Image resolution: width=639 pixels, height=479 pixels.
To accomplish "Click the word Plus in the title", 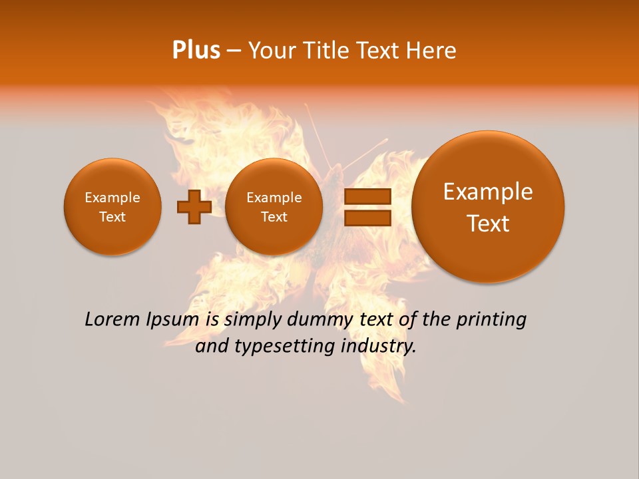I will [196, 51].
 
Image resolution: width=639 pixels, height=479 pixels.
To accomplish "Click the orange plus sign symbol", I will [194, 207].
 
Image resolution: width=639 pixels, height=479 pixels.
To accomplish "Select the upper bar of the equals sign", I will [367, 196].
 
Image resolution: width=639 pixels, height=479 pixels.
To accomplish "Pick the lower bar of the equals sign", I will [367, 218].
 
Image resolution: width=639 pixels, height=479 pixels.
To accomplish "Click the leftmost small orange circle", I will [112, 207].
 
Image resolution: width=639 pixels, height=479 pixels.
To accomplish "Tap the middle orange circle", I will [274, 207].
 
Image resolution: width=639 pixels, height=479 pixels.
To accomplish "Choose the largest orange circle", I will [488, 207].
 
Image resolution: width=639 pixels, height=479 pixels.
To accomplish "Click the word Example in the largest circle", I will [488, 192].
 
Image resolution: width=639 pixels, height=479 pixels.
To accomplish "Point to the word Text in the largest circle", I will [488, 224].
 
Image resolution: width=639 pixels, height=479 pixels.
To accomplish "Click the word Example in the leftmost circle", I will [112, 198].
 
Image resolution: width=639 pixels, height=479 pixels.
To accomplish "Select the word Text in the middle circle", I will [274, 217].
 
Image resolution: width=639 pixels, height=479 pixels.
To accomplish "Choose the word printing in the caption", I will [491, 320].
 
